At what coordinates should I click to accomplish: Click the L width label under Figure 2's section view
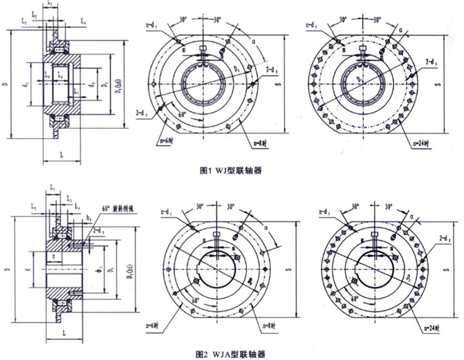(x=64, y=332)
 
